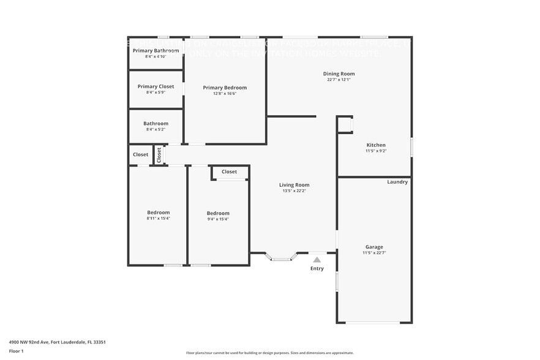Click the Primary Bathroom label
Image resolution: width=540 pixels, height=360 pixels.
click(x=156, y=50)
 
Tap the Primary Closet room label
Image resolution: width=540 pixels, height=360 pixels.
click(x=156, y=86)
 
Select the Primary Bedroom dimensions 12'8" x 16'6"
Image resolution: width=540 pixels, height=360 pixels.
click(x=225, y=94)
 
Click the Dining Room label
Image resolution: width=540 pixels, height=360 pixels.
click(x=339, y=73)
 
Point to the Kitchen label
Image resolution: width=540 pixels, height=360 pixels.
click(x=375, y=145)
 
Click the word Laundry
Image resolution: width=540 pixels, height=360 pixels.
click(x=397, y=182)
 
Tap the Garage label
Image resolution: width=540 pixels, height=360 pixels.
click(x=374, y=247)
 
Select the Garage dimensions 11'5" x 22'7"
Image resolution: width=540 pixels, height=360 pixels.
click(x=374, y=253)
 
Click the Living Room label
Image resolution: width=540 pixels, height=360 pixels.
click(x=294, y=185)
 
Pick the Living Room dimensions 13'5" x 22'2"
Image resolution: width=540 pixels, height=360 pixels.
click(x=294, y=191)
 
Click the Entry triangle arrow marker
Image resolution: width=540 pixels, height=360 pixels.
click(x=317, y=260)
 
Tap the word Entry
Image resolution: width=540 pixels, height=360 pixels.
click(x=317, y=269)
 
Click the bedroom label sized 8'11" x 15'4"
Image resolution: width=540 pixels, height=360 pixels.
click(x=158, y=212)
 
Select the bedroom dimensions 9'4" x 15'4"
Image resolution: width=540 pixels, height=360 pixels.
click(x=218, y=219)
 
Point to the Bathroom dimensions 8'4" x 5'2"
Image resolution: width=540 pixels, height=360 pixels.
click(x=156, y=129)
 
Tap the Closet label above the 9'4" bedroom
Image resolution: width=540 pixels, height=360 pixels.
click(x=229, y=172)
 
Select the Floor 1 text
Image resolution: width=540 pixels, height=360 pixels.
click(x=16, y=351)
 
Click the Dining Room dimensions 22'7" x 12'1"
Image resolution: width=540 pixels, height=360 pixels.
click(x=339, y=80)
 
